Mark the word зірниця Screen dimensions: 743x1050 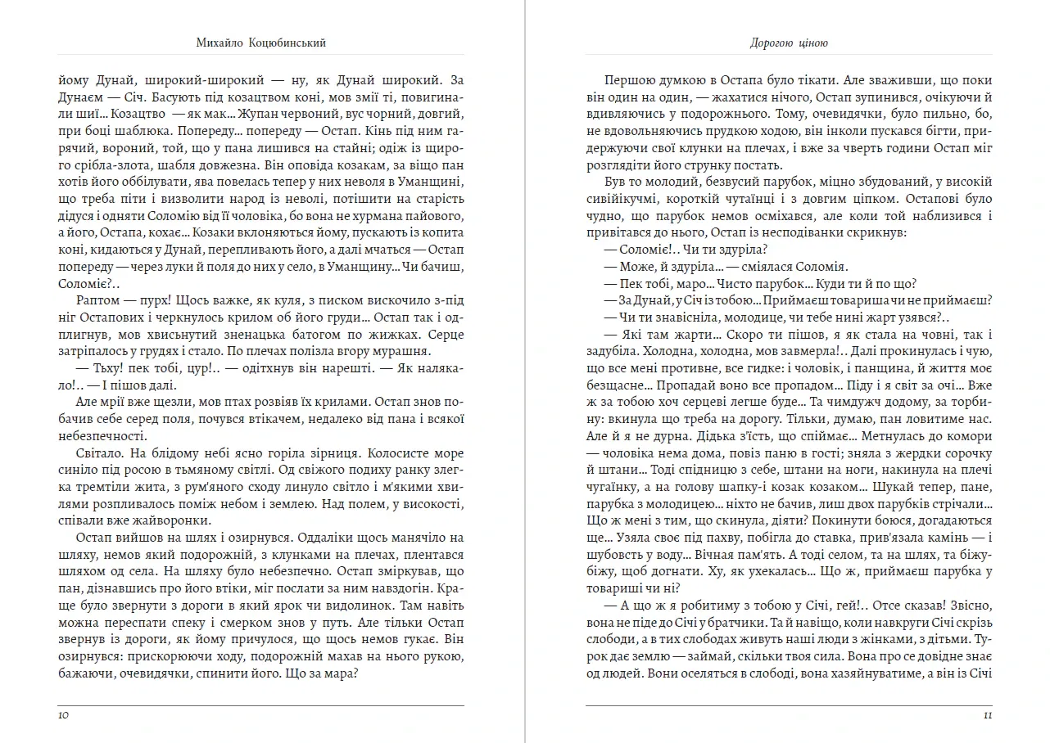pyautogui.click(x=332, y=453)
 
